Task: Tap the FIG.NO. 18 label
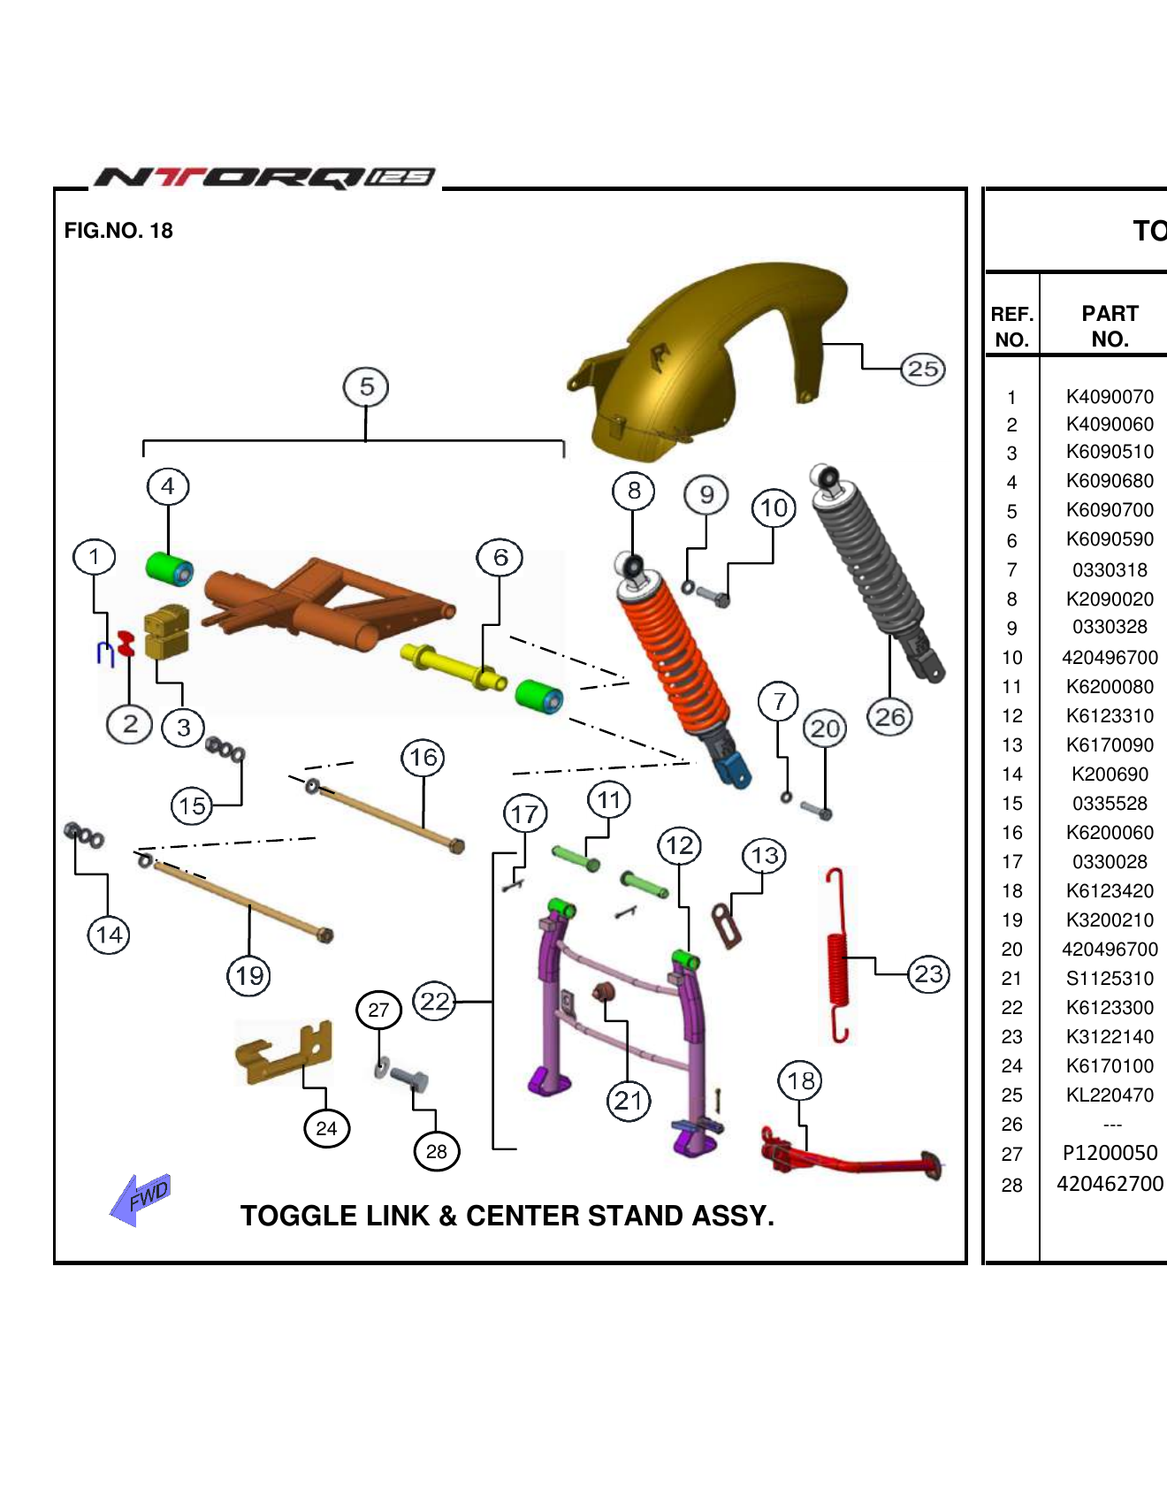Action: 118,231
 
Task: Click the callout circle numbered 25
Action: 923,369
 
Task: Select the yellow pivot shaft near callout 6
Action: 451,668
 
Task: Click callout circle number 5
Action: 366,387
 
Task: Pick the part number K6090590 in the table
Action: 1110,539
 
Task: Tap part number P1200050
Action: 1110,1153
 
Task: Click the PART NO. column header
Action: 1110,326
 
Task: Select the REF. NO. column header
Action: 1011,326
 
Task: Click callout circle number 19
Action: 249,976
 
